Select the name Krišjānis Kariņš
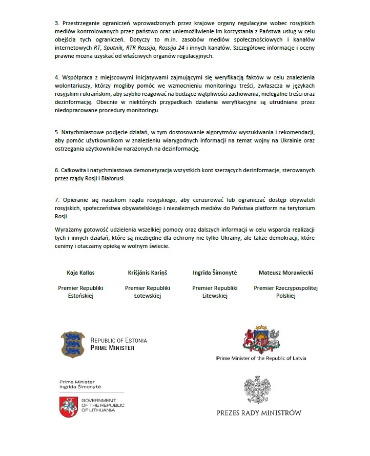[147, 273]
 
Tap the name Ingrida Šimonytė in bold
[215, 273]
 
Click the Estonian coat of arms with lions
[72, 344]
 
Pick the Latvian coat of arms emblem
[261, 340]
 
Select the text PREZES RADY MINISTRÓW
[259, 412]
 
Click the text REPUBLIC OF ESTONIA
[118, 340]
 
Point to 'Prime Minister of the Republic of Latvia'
[261, 358]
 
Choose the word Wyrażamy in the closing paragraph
[68, 231]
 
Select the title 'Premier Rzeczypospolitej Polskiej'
[285, 292]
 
